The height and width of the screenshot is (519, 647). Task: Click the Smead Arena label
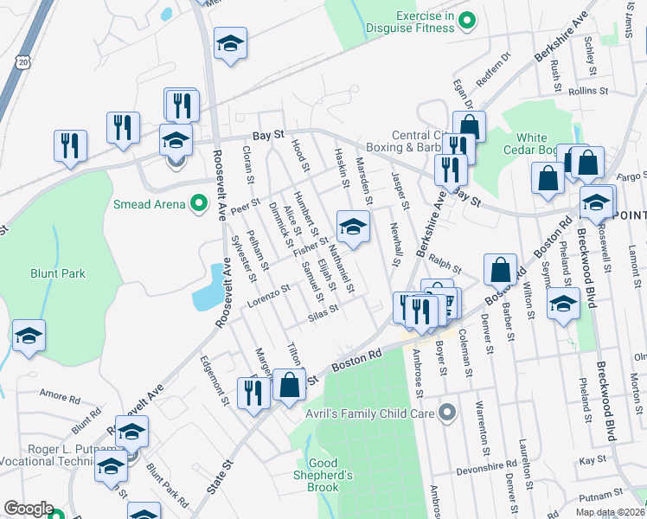pyautogui.click(x=150, y=204)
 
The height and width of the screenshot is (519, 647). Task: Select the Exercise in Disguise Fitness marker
pyautogui.click(x=467, y=19)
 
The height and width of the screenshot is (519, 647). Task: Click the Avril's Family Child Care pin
pyautogui.click(x=446, y=413)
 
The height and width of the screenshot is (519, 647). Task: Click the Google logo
pyautogui.click(x=29, y=509)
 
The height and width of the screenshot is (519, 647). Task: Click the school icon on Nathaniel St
pyautogui.click(x=352, y=227)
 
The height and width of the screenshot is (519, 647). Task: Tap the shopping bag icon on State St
pyautogui.click(x=290, y=385)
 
